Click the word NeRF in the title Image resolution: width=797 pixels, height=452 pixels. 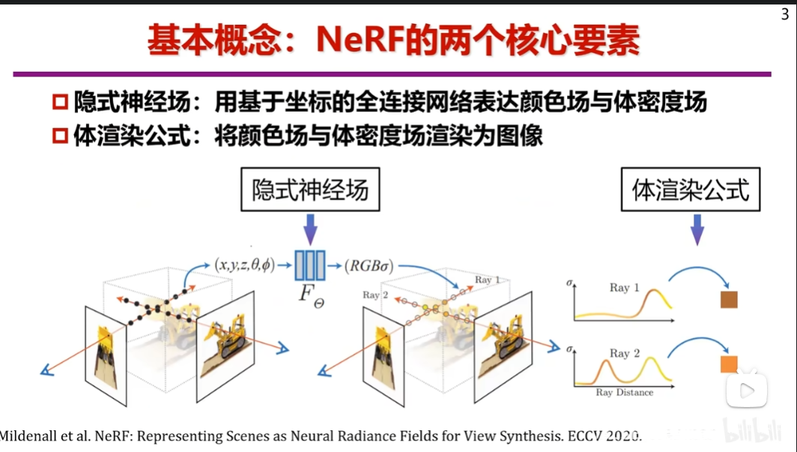[x=359, y=40]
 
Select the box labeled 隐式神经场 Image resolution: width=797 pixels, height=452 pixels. [x=310, y=191]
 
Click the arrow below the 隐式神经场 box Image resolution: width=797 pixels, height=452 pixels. [x=310, y=229]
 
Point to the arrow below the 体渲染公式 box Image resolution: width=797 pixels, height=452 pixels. [x=697, y=230]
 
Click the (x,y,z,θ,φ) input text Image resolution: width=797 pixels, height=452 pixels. [x=244, y=265]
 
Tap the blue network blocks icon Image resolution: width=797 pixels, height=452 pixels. [x=310, y=265]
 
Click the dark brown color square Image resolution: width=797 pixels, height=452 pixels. [x=729, y=300]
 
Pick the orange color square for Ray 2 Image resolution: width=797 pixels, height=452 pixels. [x=729, y=364]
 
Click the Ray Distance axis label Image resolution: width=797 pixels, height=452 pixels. [x=625, y=392]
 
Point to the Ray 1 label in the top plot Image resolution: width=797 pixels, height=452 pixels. [x=624, y=288]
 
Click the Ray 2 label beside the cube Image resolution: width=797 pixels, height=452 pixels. [x=375, y=295]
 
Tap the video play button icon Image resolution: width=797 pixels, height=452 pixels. [x=747, y=391]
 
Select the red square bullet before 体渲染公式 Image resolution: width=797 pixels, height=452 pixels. [x=59, y=137]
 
